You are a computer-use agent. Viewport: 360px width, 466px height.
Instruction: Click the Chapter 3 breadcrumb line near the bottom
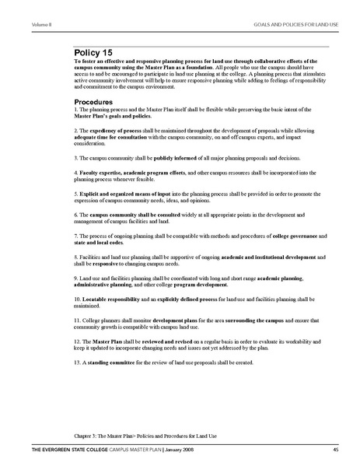pos(140,436)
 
